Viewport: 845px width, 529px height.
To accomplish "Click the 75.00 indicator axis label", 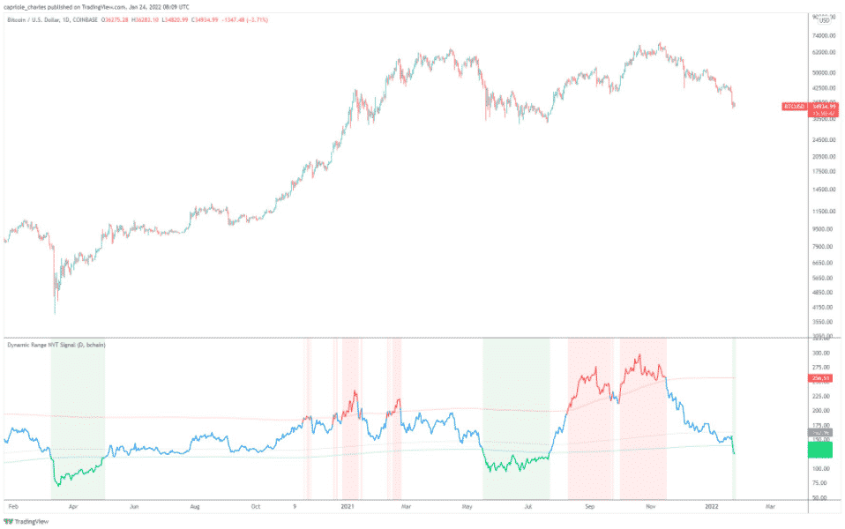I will [822, 483].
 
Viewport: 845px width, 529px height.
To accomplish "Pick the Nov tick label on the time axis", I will [650, 508].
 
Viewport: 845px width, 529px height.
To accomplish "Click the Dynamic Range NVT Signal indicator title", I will [56, 345].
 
